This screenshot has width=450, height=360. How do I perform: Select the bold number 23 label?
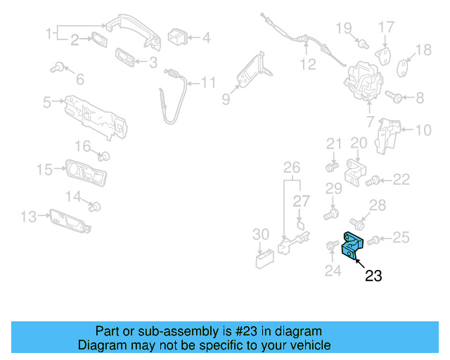tap(373, 276)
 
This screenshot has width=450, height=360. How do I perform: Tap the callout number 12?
tap(308, 65)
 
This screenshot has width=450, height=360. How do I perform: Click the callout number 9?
tap(226, 100)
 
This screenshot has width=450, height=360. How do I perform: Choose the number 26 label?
tap(291, 167)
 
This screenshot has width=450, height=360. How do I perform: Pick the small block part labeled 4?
tap(177, 35)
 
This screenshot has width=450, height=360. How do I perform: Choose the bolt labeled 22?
tap(374, 181)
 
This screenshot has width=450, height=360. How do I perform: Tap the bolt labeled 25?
tap(373, 240)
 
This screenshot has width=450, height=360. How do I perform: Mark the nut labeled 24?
tap(330, 245)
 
